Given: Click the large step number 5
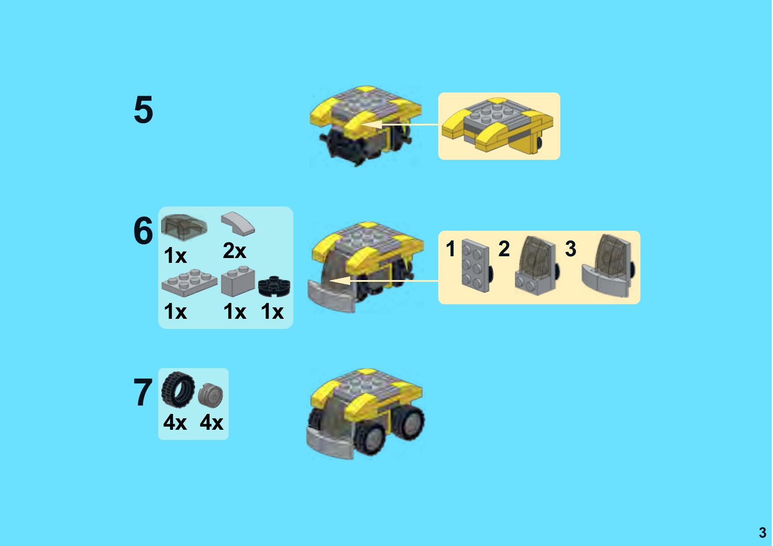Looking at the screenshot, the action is click(x=143, y=110).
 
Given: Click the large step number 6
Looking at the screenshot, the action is click(x=143, y=231).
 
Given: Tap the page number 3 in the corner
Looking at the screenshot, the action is click(x=762, y=533).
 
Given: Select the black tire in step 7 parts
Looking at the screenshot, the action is click(x=178, y=389).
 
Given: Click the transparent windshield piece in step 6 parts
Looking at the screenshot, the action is click(x=184, y=227).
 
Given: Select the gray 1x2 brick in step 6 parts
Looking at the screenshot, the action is click(x=238, y=281).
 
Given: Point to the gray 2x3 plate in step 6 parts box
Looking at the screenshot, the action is click(x=189, y=281).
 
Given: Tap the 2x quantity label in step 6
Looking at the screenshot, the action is click(x=234, y=251).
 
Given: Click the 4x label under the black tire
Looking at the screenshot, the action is click(x=175, y=423).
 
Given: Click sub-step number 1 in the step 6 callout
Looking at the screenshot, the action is click(x=450, y=249).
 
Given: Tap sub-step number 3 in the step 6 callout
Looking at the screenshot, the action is click(x=570, y=249).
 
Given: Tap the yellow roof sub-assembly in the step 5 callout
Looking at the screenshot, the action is click(x=498, y=125).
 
